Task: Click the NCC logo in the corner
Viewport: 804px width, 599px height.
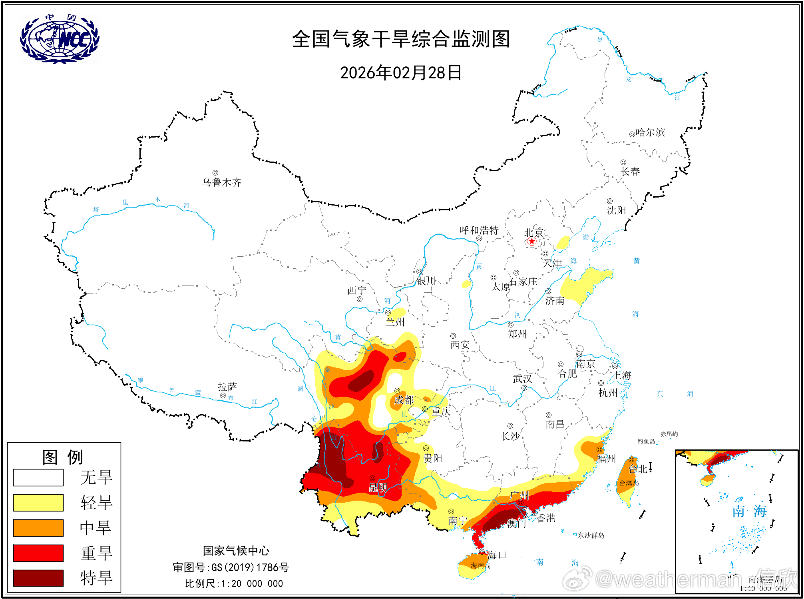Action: [x=60, y=39]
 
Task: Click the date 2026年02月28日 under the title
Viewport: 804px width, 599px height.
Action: [x=400, y=73]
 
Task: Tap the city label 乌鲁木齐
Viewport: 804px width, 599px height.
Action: [x=222, y=182]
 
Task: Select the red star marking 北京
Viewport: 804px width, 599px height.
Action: [x=531, y=241]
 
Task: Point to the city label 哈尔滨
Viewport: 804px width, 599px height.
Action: [x=650, y=132]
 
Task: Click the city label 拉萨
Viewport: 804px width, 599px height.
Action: [x=227, y=387]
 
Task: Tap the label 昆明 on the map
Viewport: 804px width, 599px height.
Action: [x=378, y=487]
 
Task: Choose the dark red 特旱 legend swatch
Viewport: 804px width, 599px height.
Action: [x=38, y=578]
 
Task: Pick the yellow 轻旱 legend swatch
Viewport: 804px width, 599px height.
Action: [x=38, y=503]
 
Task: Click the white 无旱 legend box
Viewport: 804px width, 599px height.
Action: [x=38, y=477]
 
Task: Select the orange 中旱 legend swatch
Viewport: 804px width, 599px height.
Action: [x=38, y=528]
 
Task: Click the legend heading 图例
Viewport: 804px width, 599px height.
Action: [x=63, y=457]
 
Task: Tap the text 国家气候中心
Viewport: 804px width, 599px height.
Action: [x=236, y=551]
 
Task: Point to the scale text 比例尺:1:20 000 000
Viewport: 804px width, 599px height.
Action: [x=234, y=584]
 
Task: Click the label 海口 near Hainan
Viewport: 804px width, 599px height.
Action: [x=497, y=555]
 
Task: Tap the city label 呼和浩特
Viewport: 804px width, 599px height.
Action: [x=479, y=230]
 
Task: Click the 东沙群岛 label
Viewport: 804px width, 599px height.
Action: [x=591, y=535]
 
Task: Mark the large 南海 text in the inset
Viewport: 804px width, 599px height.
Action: [x=749, y=511]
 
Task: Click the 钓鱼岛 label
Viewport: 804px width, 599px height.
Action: [x=646, y=441]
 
